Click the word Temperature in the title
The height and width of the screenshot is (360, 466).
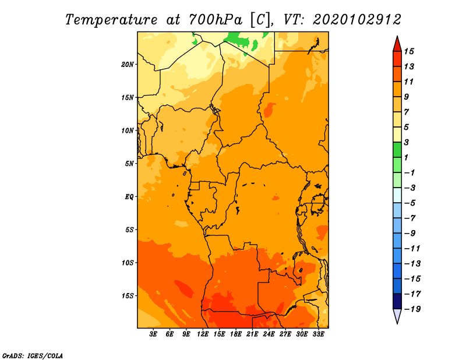pos(111,20)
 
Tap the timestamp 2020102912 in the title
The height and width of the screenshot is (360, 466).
pos(357,20)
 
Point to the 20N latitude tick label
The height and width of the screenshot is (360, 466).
pos(128,65)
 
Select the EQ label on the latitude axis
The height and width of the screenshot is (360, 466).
pos(129,197)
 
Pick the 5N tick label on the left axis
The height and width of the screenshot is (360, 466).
pos(129,164)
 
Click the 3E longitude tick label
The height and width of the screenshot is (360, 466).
pos(153,334)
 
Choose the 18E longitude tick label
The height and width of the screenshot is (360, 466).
pos(236,334)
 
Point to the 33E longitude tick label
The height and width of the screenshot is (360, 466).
pos(318,334)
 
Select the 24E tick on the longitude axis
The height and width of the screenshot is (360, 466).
pos(269,334)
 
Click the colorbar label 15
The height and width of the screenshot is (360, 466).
pos(409,51)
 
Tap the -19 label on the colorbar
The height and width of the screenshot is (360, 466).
pos(412,309)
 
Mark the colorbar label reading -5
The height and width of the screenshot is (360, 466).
pos(409,203)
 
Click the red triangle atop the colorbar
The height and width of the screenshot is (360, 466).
pos(397,44)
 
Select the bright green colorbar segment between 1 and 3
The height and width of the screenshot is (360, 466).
pos(397,150)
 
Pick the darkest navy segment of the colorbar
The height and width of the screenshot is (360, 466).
pos(397,301)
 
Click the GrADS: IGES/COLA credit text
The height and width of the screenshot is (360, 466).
pos(33,356)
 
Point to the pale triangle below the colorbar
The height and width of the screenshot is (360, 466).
pos(397,316)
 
